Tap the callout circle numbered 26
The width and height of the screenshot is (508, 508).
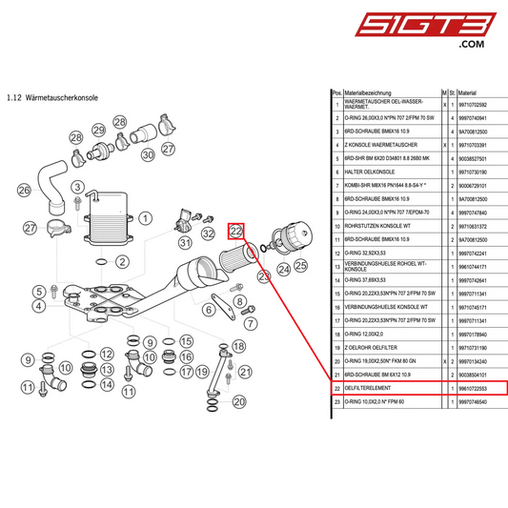[24, 190]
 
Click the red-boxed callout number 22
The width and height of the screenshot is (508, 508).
[237, 232]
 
